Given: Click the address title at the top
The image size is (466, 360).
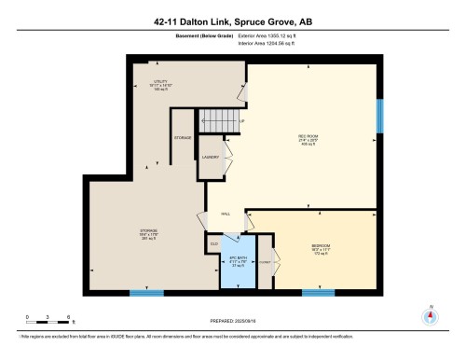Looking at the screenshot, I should click(233, 21).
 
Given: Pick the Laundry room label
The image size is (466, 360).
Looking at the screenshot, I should click(211, 157).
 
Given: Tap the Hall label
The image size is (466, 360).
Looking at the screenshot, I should click(226, 214).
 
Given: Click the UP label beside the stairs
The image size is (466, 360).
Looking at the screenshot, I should click(241, 121).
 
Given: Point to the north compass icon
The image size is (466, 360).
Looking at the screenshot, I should click(430, 314).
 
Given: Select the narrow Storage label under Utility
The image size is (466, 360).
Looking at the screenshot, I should click(183, 138).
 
